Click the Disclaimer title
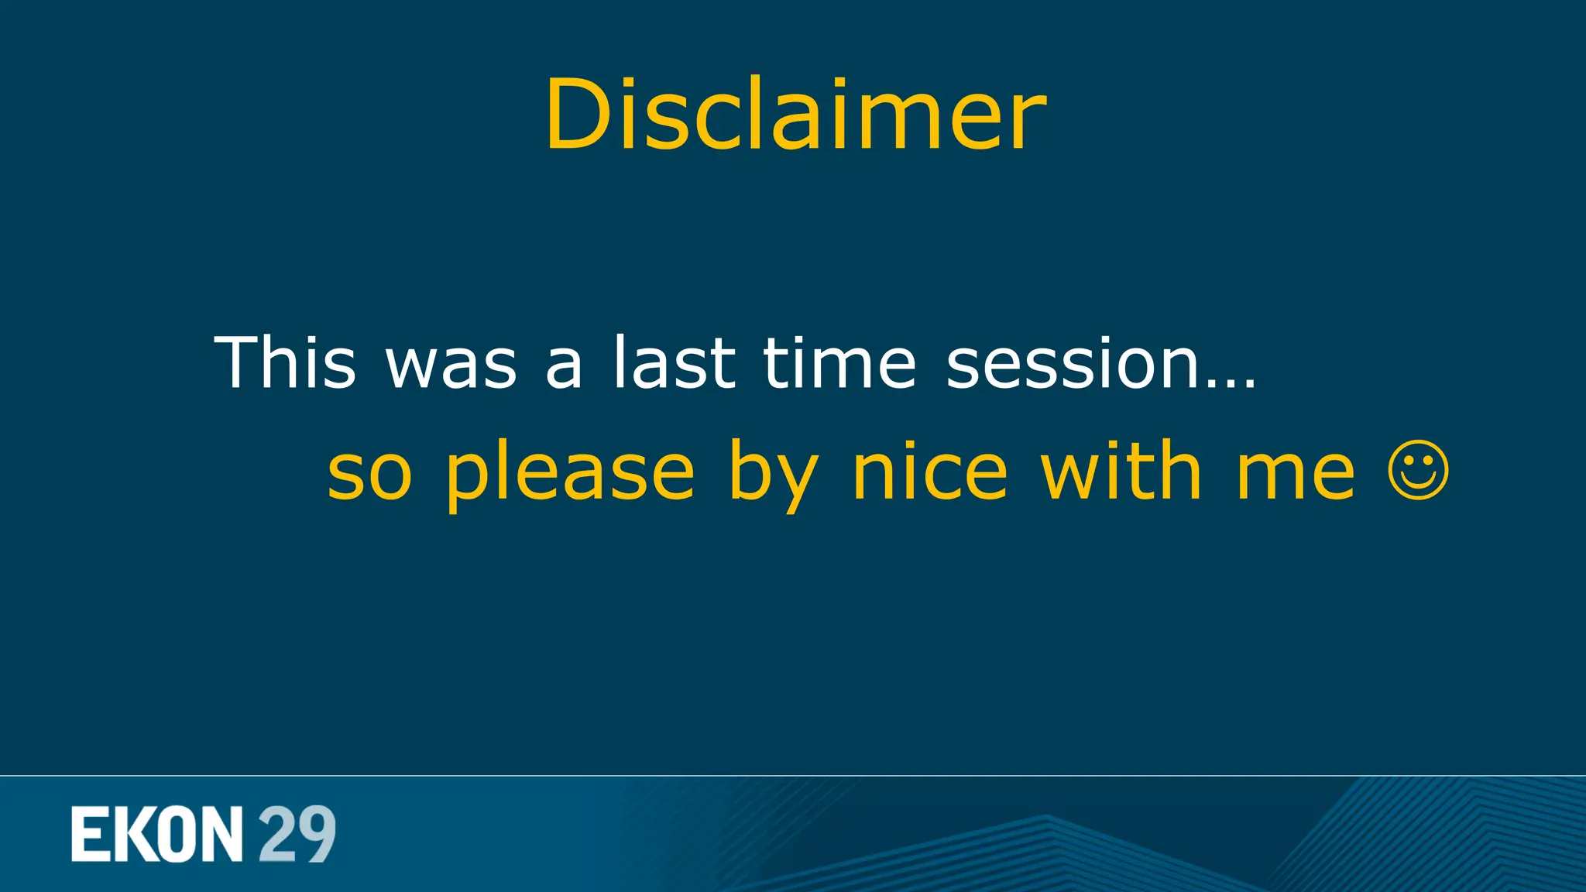coord(795,115)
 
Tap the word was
coord(451,364)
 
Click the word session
coord(1073,362)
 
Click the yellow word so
coord(369,474)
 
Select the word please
coord(570,474)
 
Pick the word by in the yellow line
coord(773,474)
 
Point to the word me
coord(1295,474)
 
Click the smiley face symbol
coord(1418,470)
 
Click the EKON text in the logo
coord(157,834)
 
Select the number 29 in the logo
coord(297,834)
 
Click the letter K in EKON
coord(130,834)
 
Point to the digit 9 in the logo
coord(316,834)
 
